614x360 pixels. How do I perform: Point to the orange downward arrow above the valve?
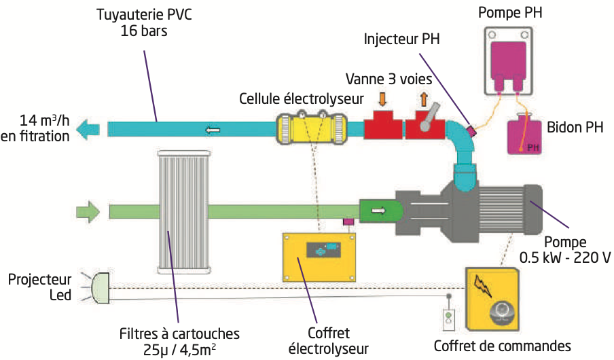[382, 99]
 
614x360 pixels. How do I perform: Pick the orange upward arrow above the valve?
[423, 99]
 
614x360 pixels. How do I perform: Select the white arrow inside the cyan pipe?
[213, 128]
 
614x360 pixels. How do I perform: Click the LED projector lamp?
[99, 289]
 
